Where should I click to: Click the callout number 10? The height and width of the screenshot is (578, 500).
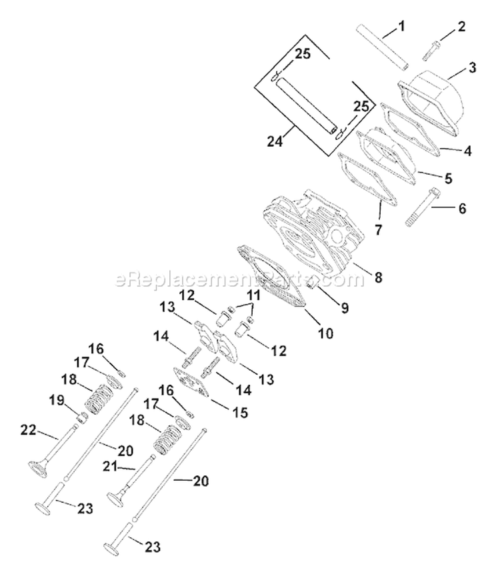pyautogui.click(x=326, y=331)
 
